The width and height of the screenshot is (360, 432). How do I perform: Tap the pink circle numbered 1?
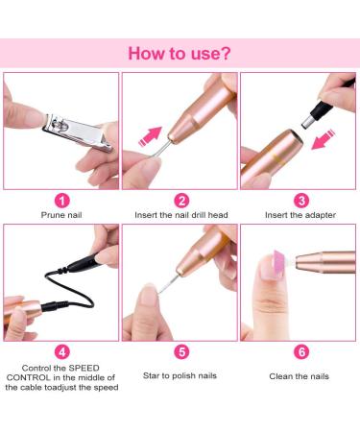pos(60,201)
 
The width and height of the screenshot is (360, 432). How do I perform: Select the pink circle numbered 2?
pos(180,201)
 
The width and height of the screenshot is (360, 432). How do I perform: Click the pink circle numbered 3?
pos(299,201)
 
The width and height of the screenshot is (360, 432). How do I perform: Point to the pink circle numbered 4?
pos(60,352)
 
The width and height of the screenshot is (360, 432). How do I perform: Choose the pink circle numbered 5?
pos(180,352)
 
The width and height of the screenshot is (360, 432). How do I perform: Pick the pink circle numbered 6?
pos(299,352)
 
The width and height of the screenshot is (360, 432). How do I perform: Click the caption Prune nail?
pos(60,218)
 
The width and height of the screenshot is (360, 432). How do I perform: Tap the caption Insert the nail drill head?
pos(180,218)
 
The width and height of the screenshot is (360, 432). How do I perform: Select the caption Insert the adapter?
pos(299,218)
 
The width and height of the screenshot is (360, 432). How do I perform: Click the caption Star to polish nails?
pos(180,375)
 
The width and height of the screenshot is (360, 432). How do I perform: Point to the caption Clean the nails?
pos(299,375)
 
